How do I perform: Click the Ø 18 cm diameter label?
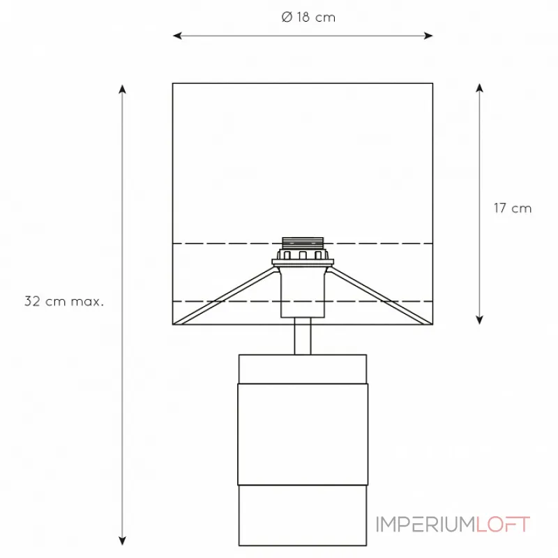click(x=308, y=17)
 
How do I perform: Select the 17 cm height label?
click(x=513, y=208)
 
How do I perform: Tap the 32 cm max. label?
click(x=64, y=301)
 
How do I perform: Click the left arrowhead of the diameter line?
click(x=177, y=36)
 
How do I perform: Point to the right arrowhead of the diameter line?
click(x=428, y=36)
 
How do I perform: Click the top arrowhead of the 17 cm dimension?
click(x=480, y=88)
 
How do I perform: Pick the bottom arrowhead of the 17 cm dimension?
click(x=480, y=320)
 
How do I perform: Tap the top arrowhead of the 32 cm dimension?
click(x=123, y=89)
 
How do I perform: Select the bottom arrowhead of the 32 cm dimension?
click(x=123, y=541)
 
